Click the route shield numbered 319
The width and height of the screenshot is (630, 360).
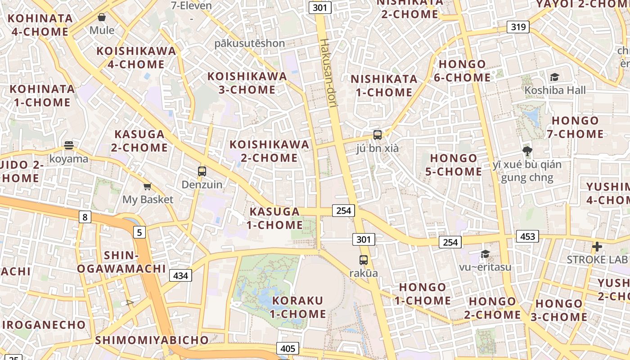pos(518,27)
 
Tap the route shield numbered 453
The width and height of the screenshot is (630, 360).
pos(527,236)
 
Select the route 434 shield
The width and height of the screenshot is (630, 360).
pos(180,275)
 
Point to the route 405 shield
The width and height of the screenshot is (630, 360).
pos(288,348)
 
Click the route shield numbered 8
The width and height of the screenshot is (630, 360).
pos(84,217)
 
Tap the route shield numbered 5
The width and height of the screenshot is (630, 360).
pos(139,232)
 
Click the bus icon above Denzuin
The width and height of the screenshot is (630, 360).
pos(202,171)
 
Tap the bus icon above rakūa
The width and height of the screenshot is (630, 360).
pos(363,260)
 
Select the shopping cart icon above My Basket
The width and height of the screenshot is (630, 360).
pos(147,186)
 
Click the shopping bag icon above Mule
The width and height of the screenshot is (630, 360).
pos(102,17)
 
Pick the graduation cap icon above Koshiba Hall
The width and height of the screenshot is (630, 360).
pos(554,77)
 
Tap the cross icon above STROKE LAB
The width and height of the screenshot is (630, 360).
pos(597,246)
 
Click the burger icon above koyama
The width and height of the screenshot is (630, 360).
pos(68,145)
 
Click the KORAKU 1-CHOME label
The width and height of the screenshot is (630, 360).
pos(298,307)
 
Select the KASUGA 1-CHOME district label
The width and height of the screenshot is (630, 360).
pos(274,218)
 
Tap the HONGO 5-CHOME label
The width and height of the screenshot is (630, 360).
pos(454,165)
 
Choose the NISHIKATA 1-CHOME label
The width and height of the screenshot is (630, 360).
pos(384,85)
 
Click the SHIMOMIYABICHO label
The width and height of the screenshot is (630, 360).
pos(152,340)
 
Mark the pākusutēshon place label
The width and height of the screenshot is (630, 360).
pos(249,43)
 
